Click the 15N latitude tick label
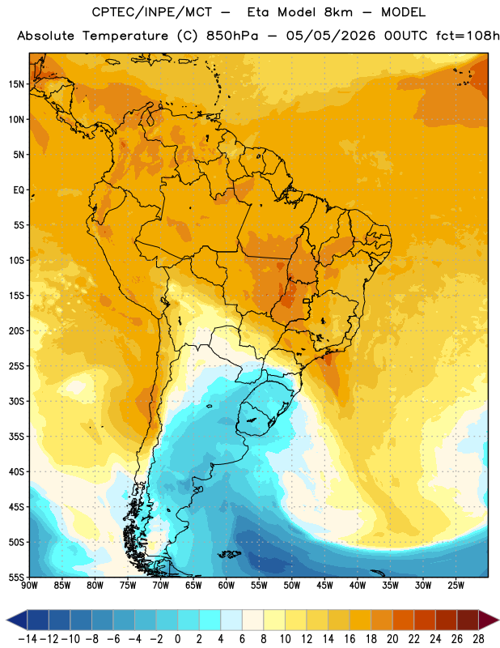(x=16, y=84)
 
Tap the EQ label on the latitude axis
(x=19, y=190)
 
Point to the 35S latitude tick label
(x=16, y=437)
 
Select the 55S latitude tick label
(x=16, y=577)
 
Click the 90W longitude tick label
(x=29, y=586)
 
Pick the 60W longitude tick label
(x=227, y=586)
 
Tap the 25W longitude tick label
(x=456, y=586)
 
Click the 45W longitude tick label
(x=324, y=586)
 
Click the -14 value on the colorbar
(x=28, y=639)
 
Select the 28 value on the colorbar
(x=478, y=639)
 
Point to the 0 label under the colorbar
(x=177, y=639)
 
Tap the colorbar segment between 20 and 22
(x=404, y=620)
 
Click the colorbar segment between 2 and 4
(x=210, y=620)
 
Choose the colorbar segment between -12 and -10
(x=59, y=620)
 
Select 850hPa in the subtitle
(x=232, y=36)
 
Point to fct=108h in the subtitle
(x=468, y=36)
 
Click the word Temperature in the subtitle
(x=125, y=36)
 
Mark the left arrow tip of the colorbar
(x=6, y=620)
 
